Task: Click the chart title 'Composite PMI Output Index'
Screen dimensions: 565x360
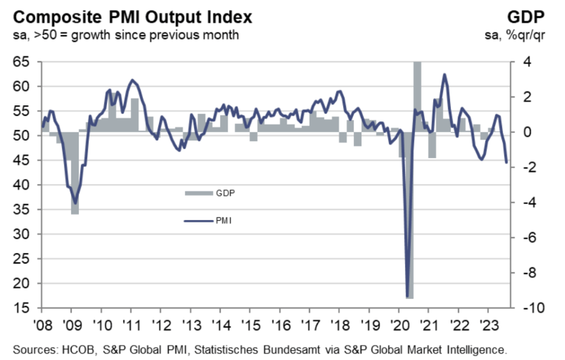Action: coord(132,17)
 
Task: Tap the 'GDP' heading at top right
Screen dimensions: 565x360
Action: coord(526,17)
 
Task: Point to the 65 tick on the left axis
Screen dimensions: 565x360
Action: coord(21,62)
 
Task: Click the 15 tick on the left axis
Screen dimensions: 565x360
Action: coord(21,308)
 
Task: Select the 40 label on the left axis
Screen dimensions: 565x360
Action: coord(21,185)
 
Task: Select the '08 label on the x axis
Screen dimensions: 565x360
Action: coord(42,325)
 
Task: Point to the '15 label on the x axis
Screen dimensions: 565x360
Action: coord(251,325)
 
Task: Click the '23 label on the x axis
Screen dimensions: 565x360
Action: coord(488,325)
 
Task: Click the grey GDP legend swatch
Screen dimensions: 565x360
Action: coord(199,194)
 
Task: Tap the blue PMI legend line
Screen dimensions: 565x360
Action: coord(198,221)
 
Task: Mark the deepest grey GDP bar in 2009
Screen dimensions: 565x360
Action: coord(75,173)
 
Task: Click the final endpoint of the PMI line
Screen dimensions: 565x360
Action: coord(507,163)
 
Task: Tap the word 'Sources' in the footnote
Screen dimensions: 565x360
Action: coord(35,349)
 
